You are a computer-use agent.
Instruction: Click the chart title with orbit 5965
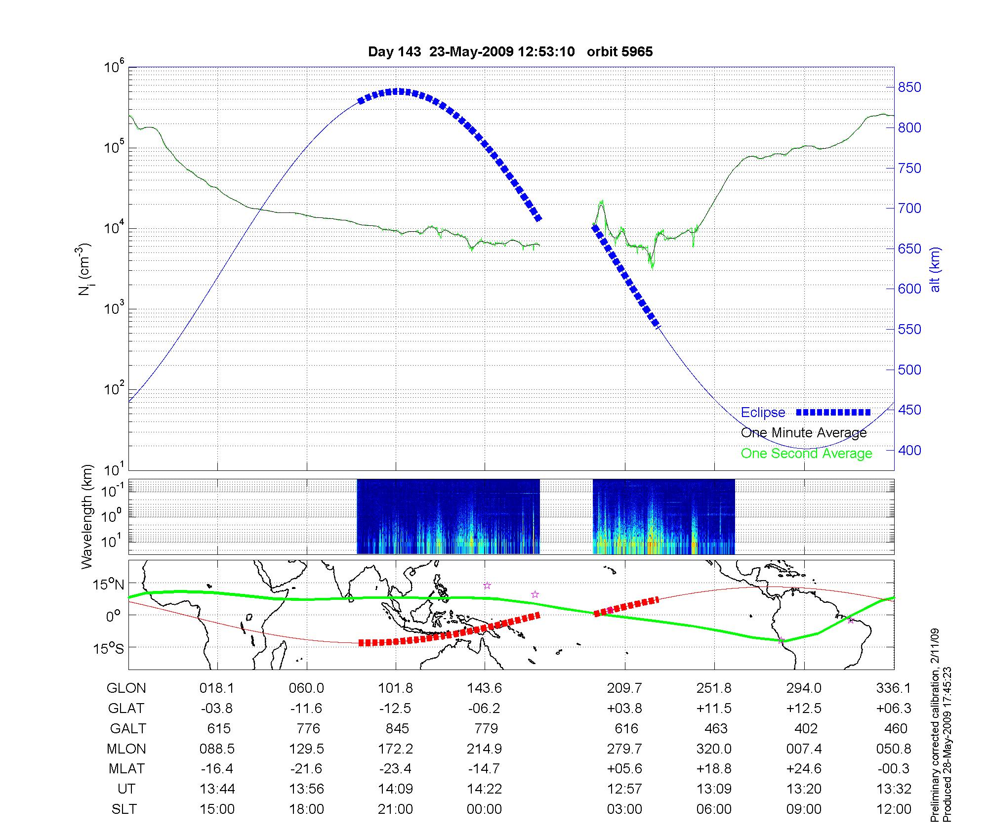click(510, 51)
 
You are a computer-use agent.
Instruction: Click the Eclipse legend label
click(763, 412)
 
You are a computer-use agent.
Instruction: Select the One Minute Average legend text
click(804, 433)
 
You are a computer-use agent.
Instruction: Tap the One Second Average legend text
click(806, 453)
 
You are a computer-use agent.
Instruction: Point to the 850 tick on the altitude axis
click(909, 87)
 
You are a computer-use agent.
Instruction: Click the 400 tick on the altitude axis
click(909, 450)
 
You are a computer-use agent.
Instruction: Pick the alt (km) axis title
click(935, 269)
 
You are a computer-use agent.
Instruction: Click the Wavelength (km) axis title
click(87, 517)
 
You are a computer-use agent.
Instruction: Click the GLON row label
click(126, 688)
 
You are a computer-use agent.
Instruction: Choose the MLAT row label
click(126, 769)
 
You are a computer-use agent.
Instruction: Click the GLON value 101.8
click(395, 688)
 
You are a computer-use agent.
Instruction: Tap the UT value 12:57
click(624, 789)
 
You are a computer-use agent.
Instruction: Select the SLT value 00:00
click(484, 809)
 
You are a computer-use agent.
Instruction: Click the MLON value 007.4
click(804, 749)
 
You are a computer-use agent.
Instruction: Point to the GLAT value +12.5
click(804, 708)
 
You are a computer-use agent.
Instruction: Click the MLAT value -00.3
click(893, 769)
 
